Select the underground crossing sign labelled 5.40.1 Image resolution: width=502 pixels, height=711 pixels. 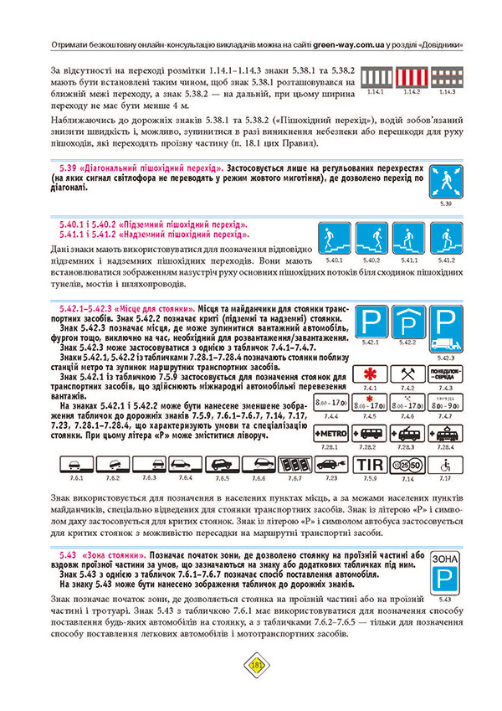pos(332,240)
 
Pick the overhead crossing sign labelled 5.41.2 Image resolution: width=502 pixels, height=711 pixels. pos(447,240)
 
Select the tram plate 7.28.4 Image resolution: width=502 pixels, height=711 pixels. pos(445,436)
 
